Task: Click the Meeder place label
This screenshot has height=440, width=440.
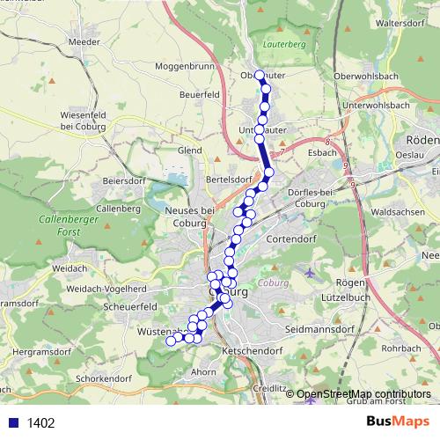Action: [x=83, y=40]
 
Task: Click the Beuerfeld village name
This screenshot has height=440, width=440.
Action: [x=198, y=93]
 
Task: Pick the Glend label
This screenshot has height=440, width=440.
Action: [x=189, y=150]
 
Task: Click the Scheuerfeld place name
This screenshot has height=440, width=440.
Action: [x=129, y=306]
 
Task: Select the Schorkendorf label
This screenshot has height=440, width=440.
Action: [x=103, y=378]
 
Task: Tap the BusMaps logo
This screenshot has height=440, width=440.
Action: [x=397, y=422]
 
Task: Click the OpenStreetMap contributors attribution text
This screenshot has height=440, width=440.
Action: [x=363, y=393]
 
